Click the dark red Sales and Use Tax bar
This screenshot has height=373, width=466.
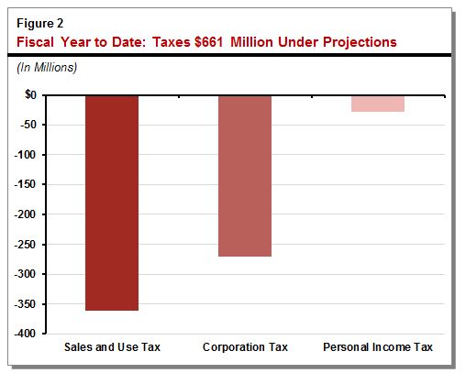tap(111, 203)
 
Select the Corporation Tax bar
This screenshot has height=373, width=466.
tap(244, 175)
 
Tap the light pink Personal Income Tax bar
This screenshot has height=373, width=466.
tap(377, 103)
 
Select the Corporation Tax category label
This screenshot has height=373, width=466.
tap(244, 347)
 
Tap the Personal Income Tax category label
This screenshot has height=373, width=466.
tap(377, 347)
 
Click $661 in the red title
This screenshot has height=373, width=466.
tap(203, 41)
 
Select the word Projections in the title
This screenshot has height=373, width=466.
tap(353, 41)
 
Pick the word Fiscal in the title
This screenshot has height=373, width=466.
tap(33, 41)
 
